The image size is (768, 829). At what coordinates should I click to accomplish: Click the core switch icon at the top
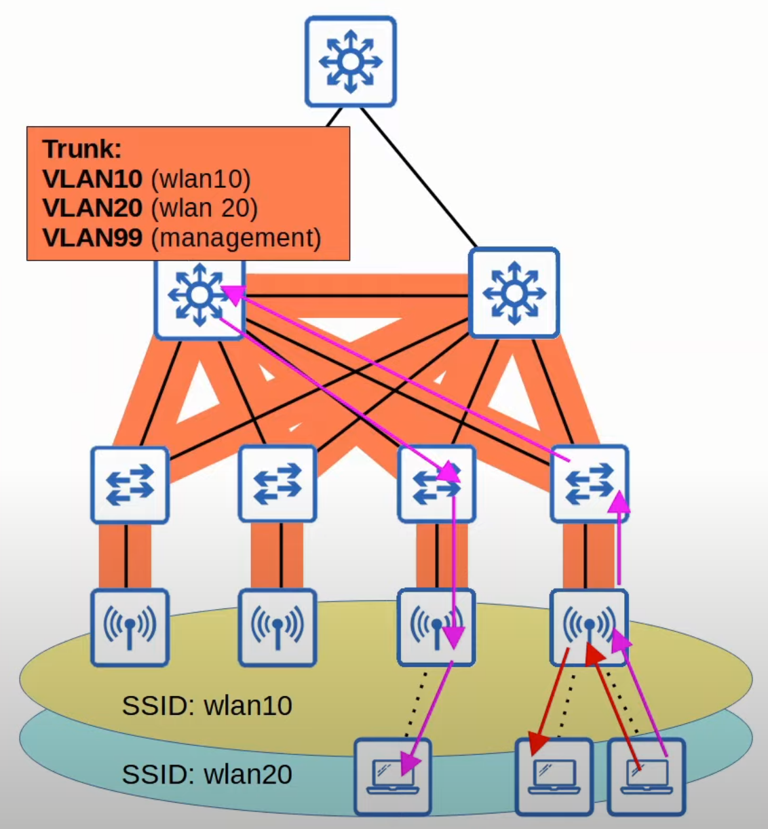click(x=350, y=62)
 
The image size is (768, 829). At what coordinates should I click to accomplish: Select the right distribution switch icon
click(x=514, y=292)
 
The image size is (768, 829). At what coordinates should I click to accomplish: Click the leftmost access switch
click(x=130, y=484)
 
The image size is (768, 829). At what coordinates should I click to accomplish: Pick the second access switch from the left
click(x=277, y=484)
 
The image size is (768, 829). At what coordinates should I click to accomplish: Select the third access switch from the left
click(x=436, y=484)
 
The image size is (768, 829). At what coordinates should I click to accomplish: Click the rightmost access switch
click(x=589, y=484)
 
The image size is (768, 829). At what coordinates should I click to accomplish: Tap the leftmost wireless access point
click(x=130, y=628)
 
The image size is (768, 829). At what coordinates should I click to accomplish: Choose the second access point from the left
click(x=277, y=628)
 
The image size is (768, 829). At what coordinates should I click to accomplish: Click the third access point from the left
click(x=436, y=628)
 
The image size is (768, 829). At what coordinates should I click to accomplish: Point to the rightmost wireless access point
click(x=589, y=628)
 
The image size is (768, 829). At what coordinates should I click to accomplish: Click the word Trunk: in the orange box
click(x=82, y=149)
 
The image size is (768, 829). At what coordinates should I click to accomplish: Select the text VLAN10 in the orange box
click(x=92, y=178)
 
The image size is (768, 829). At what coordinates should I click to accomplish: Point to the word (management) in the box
click(x=235, y=237)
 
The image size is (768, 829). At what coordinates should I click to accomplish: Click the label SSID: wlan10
click(x=207, y=706)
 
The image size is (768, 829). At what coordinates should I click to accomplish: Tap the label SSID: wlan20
click(x=207, y=774)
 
